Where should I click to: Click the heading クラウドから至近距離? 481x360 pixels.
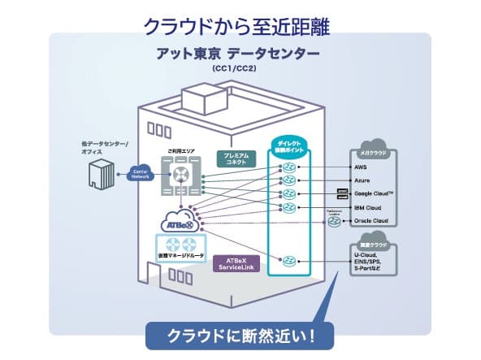tap(240, 24)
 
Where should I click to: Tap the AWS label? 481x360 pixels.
tap(361, 167)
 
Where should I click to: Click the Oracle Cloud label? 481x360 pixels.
tap(371, 220)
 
